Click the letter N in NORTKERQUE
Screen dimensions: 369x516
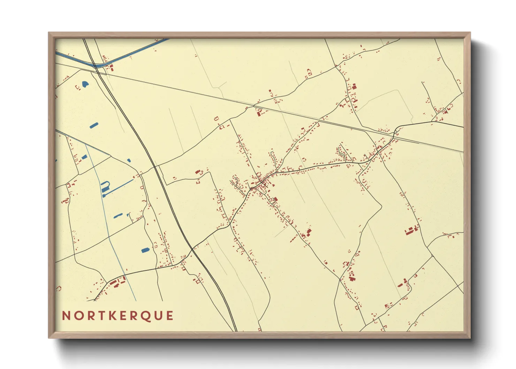pos(66,316)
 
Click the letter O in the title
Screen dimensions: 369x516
pos(77,316)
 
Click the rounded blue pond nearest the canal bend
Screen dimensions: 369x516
pos(85,84)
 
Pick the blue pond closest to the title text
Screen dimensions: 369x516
pos(145,250)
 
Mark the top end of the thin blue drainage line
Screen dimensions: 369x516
pos(86,146)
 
